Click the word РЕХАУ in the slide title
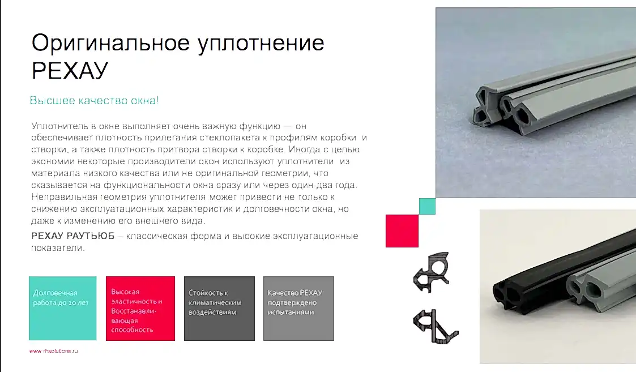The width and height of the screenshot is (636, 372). pos(70,71)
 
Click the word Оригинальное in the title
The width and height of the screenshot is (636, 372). pos(110,44)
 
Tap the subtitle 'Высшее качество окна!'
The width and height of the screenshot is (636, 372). pos(94,100)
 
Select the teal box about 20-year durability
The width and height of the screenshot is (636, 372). pos(63,309)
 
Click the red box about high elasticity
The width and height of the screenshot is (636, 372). pos(140,309)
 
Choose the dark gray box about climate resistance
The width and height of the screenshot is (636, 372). pos(219,309)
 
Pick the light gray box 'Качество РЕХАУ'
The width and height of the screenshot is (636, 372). pos(298,309)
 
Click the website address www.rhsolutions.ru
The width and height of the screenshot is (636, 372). pos(54,351)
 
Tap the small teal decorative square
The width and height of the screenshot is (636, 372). pos(427,206)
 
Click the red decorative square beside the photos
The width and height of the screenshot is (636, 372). pos(402,231)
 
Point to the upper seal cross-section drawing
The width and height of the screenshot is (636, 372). pos(432,271)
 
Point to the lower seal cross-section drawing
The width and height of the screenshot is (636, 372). pos(435,327)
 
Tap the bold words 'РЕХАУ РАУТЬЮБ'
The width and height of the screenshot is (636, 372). pos(73,236)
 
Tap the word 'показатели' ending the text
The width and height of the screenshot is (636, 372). pos(58,248)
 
